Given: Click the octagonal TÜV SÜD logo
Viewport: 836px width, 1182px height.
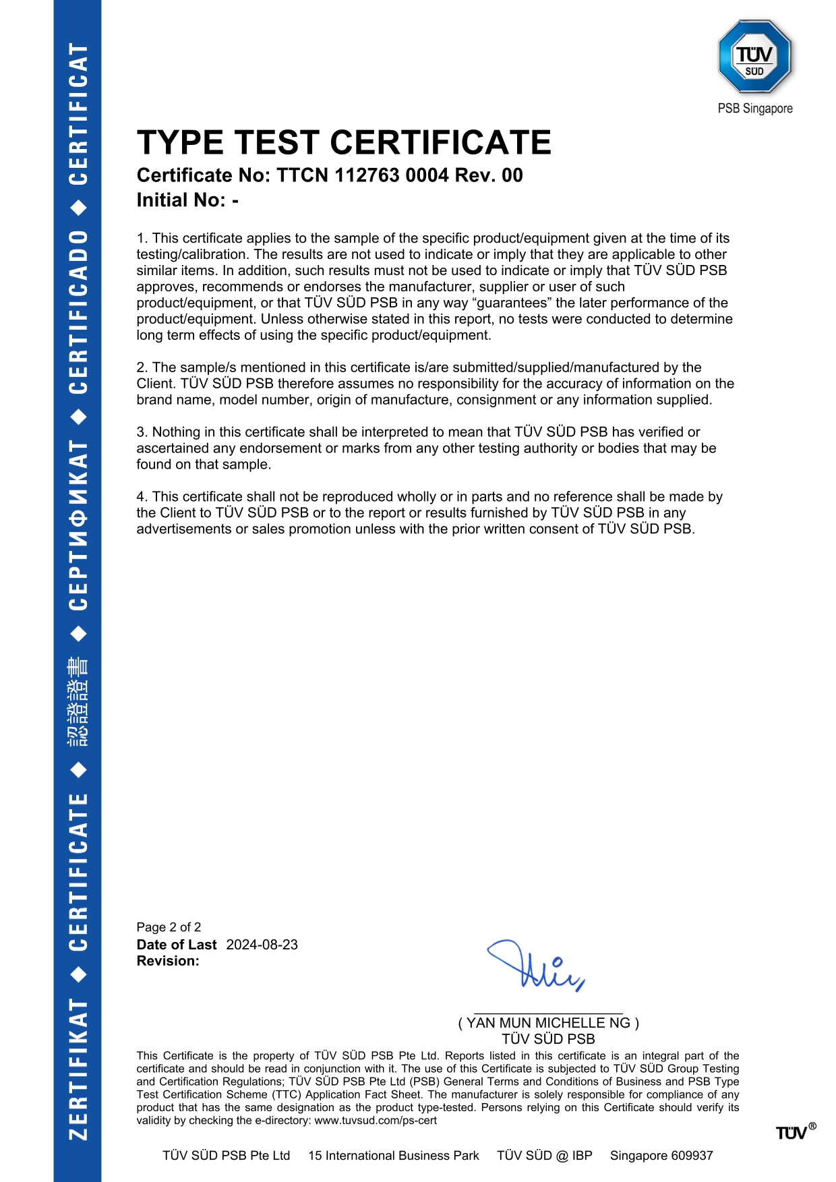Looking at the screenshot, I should [x=754, y=57].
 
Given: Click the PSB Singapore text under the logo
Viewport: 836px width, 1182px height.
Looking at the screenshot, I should [x=755, y=109].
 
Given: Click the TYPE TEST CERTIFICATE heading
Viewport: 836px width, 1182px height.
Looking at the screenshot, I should [x=344, y=143].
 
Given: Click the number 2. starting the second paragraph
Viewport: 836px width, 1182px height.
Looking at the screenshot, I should [x=142, y=367].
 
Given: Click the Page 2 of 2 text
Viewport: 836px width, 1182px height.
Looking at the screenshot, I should [x=169, y=927].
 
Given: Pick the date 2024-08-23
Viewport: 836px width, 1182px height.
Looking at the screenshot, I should [x=262, y=945].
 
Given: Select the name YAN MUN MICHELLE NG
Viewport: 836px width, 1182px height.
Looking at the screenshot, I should [x=548, y=1023].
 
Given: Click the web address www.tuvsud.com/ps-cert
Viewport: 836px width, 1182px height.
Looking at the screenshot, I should [x=376, y=1121].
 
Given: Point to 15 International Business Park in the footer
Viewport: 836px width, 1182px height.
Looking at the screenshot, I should [x=393, y=1156].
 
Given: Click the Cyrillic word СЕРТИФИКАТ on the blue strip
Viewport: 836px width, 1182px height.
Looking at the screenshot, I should [x=78, y=525].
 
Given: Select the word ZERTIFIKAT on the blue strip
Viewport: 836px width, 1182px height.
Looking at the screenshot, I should [x=78, y=1069].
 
